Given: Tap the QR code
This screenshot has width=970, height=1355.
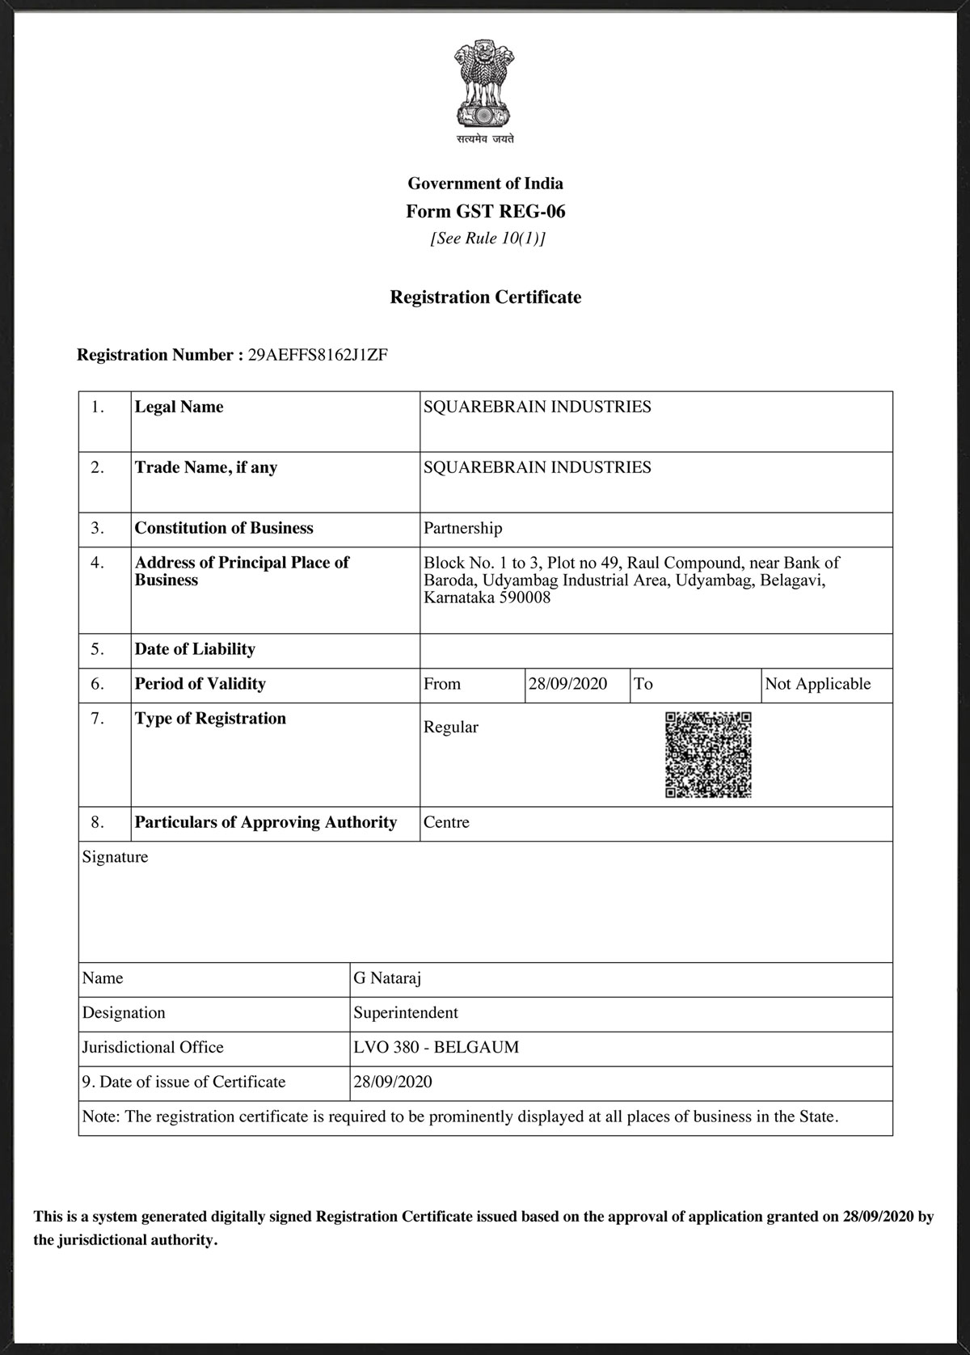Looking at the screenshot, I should coord(708,754).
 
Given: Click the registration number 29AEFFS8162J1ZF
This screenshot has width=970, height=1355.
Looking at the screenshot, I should coord(317,355).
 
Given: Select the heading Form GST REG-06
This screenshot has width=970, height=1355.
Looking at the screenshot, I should coord(485,212).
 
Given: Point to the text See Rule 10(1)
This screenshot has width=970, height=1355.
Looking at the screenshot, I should coord(487,238).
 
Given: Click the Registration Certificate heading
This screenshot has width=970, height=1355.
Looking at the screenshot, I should coord(485,298).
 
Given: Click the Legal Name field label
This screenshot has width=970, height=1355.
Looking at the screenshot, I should coord(179,407).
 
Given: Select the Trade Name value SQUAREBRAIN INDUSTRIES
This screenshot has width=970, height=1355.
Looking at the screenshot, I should coord(537,467).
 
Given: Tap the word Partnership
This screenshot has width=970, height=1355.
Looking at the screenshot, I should coord(462,528).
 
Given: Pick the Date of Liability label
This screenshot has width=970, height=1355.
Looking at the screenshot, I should coord(195,649).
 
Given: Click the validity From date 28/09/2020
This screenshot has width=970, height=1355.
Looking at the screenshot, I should coord(567,684).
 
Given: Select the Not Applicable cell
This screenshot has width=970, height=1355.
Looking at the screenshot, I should coord(817,684).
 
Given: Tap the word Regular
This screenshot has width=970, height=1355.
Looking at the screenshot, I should coord(450,727).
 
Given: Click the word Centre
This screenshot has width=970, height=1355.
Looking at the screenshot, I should coord(446,822).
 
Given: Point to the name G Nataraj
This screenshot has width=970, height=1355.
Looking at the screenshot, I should coord(387,978).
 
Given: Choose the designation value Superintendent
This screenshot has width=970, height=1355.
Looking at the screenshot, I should coord(405,1013).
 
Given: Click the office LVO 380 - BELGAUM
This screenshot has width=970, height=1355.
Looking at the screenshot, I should coord(436,1048).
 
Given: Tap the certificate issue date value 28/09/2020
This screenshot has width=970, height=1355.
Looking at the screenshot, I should coord(392,1082).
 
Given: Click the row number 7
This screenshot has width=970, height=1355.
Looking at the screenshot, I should coord(97,719).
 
